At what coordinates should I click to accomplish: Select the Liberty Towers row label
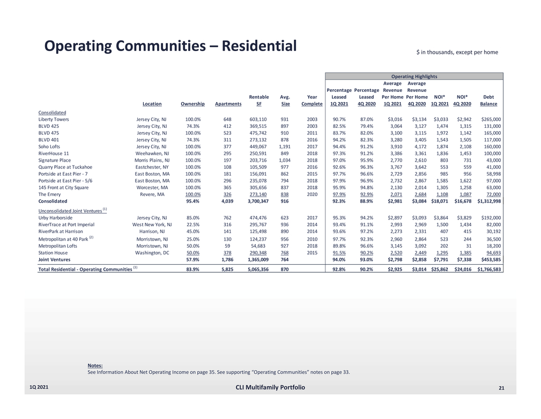coord(54,119)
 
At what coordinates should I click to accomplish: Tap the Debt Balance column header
coord(488,100)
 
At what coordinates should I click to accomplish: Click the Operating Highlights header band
coord(414,77)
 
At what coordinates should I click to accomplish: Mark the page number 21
coord(501,388)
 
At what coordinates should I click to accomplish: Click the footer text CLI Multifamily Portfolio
coord(270,388)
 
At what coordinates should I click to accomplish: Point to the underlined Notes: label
coord(95,365)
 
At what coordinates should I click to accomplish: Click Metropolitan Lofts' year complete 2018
coord(312,245)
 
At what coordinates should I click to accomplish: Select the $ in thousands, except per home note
coord(457,52)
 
